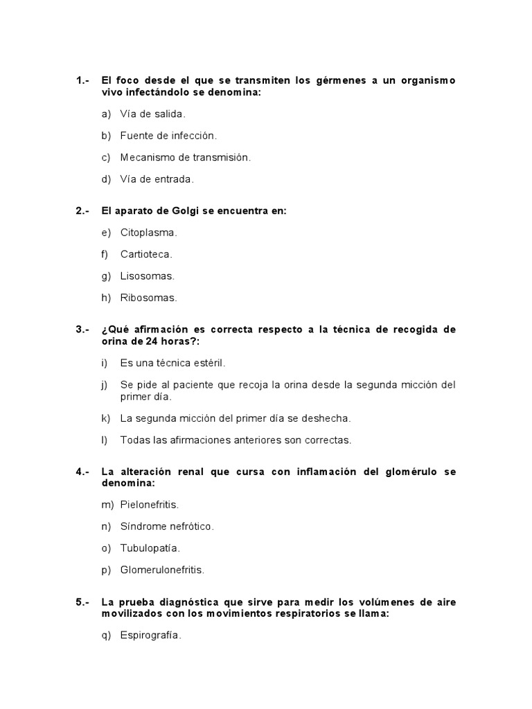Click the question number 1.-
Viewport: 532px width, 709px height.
tap(82, 81)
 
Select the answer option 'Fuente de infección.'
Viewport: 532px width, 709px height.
tap(168, 136)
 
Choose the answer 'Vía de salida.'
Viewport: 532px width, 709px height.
tap(152, 114)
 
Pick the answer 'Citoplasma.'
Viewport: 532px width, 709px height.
tap(148, 233)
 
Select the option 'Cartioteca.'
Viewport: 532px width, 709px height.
tap(146, 254)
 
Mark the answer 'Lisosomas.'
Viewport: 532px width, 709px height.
tap(147, 276)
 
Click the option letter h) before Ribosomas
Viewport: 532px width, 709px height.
tap(106, 298)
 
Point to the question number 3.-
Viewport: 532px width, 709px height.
tap(82, 330)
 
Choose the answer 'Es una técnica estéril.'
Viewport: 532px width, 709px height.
tap(172, 363)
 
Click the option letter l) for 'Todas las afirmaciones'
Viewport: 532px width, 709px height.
tap(104, 440)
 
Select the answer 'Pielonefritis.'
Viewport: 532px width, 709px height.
tap(149, 505)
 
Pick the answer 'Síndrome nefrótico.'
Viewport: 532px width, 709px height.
tap(167, 526)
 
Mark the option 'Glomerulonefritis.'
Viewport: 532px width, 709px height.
tap(162, 570)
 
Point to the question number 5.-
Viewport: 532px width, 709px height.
tap(82, 602)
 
